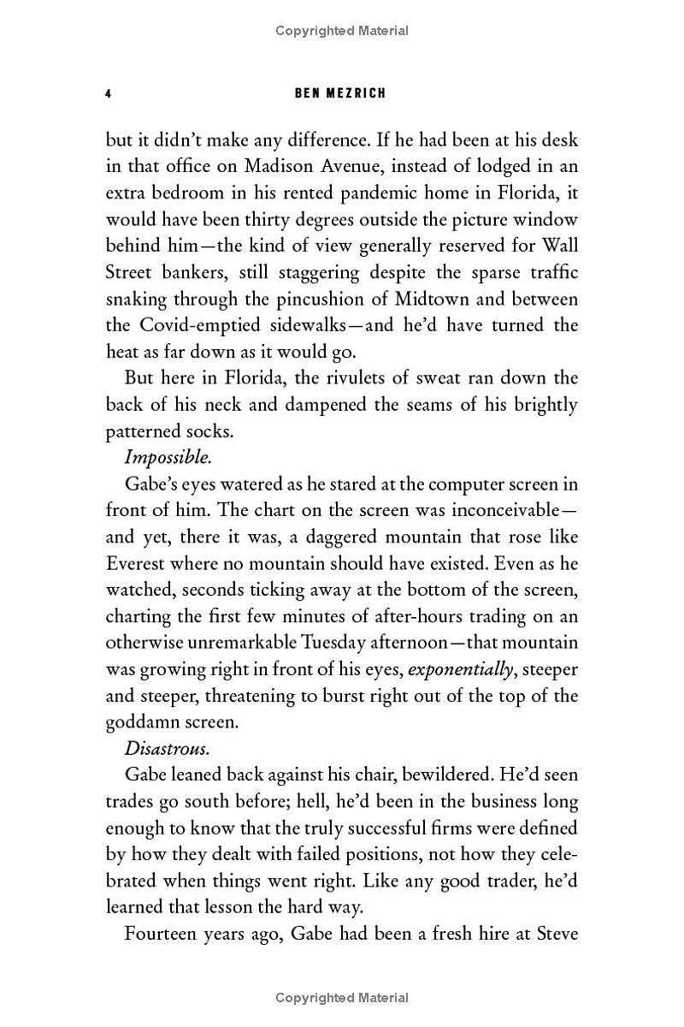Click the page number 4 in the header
coord(109,92)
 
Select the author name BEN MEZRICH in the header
coord(340,92)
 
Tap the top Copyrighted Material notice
coord(342,31)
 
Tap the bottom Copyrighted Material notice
coord(342,997)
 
